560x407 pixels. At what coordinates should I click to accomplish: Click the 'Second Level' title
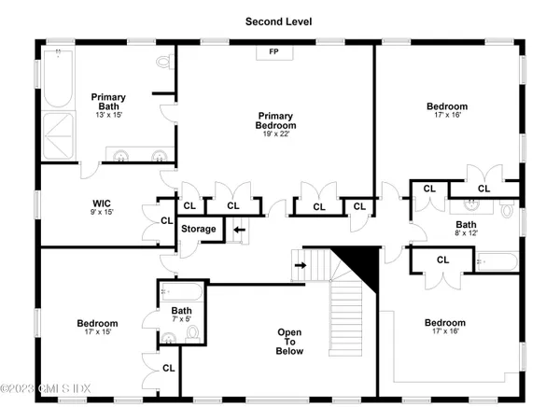[279, 20]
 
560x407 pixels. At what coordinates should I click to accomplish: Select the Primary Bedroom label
[277, 120]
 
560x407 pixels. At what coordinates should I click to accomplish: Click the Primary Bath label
[107, 101]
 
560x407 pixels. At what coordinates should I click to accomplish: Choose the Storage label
[198, 229]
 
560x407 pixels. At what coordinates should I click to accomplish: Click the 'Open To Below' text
[289, 343]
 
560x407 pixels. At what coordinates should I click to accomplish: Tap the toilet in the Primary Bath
[164, 63]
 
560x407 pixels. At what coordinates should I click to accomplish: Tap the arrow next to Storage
[238, 229]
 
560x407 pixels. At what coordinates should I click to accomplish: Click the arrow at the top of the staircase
[300, 265]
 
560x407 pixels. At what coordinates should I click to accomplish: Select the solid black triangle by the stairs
[366, 264]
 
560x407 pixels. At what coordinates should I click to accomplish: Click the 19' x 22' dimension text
[277, 134]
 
